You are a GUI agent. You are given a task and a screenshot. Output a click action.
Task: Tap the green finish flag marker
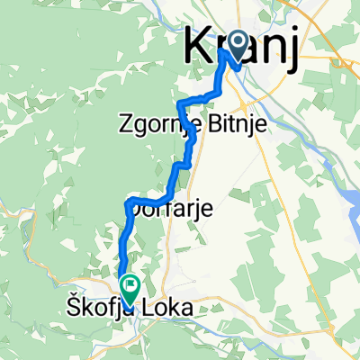tap(131, 288)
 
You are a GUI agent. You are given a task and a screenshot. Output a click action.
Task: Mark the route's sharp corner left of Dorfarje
tap(131, 200)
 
